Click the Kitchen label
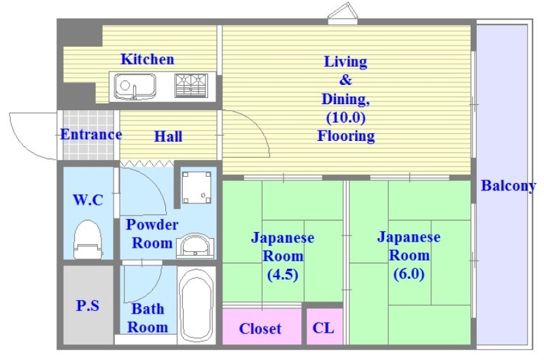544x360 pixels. pyautogui.click(x=147, y=59)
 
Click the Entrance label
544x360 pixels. pyautogui.click(x=91, y=134)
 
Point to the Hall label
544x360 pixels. pyautogui.click(x=168, y=137)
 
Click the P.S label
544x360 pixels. pyautogui.click(x=88, y=306)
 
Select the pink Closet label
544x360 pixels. pyautogui.click(x=260, y=329)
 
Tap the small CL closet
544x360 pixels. pyautogui.click(x=323, y=328)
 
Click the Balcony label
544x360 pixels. pyautogui.click(x=508, y=186)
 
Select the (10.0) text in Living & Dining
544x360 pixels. pyautogui.click(x=345, y=117)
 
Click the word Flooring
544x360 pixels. pyautogui.click(x=345, y=136)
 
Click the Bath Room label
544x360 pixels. pyautogui.click(x=148, y=318)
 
